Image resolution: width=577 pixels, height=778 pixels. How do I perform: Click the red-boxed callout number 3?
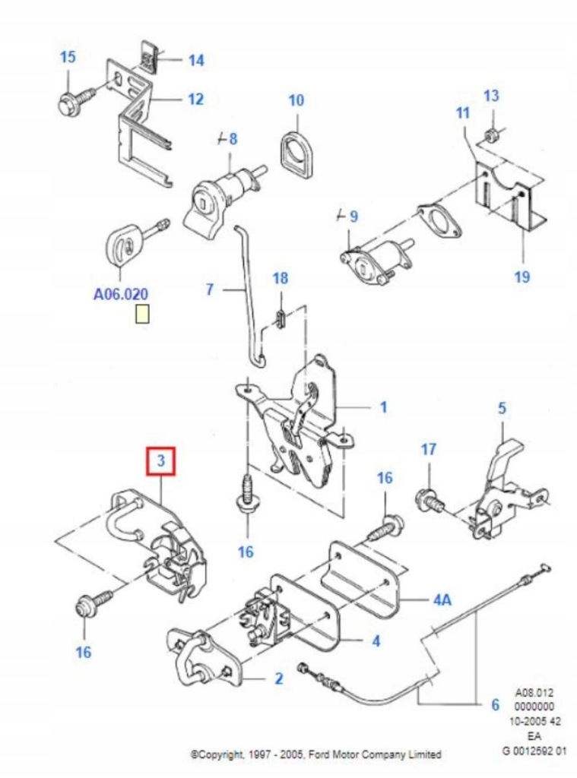pos(161,461)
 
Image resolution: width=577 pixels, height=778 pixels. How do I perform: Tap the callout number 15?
pos(68,57)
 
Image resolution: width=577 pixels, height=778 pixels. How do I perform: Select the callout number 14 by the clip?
pos(196,60)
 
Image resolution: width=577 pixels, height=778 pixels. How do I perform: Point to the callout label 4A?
pos(442,599)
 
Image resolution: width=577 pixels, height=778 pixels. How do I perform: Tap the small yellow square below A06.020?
pos(142,314)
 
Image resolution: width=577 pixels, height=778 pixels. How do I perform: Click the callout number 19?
pos(522,277)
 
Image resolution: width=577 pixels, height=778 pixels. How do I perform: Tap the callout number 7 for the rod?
pos(211,289)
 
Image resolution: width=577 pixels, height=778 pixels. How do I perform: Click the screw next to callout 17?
pos(429,500)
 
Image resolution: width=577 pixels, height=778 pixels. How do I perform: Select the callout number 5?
pos(502,408)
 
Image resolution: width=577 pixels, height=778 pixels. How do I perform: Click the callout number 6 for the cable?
pos(495,705)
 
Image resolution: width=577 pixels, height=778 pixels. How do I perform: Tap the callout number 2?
pos(279,678)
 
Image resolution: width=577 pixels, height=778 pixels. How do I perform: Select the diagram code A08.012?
pos(534,693)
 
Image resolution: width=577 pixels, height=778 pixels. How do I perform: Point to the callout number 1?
pos(383,407)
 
